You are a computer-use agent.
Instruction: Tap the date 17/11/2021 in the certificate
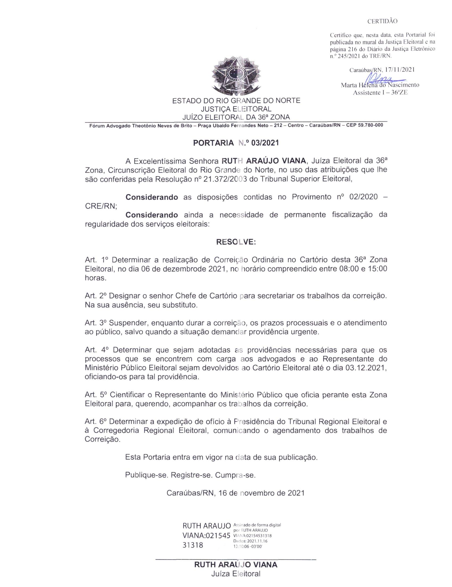click(399, 69)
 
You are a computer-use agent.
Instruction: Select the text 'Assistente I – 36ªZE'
click(380, 93)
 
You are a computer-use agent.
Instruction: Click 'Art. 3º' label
click(96, 323)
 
